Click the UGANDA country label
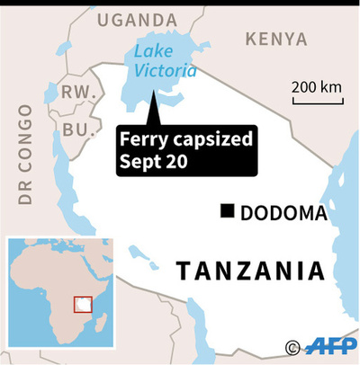[137, 19]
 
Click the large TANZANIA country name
[249, 271]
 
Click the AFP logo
[329, 347]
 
